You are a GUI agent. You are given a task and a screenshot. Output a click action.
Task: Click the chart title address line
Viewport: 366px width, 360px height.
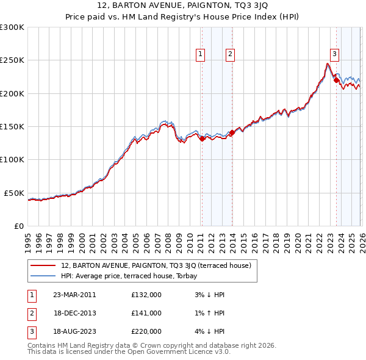(182, 7)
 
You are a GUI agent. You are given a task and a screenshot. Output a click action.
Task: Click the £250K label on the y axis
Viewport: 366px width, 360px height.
(12, 60)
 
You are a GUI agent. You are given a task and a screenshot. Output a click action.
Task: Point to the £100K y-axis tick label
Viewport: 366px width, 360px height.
(12, 159)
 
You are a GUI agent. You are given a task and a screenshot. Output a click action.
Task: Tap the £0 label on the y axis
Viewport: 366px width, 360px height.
(18, 226)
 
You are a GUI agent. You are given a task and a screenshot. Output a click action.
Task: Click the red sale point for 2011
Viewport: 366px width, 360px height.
(202, 139)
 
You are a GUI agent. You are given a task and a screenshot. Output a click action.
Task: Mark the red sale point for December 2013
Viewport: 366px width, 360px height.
(232, 132)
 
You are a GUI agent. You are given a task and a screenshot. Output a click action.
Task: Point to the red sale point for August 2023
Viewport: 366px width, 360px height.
(336, 80)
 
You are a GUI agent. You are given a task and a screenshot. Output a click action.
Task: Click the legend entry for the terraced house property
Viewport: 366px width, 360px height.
(160, 265)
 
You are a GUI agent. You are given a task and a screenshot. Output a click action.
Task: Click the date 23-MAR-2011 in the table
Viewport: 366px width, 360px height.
(74, 295)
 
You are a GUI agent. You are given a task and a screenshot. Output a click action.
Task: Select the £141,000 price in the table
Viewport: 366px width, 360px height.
(146, 313)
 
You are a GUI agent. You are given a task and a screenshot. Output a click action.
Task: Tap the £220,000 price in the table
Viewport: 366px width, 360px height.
(146, 331)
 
